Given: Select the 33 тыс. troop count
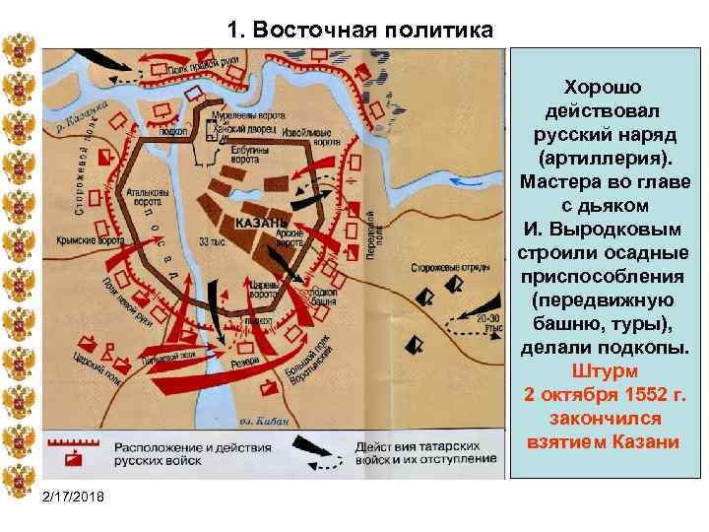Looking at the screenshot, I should tap(211, 240).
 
